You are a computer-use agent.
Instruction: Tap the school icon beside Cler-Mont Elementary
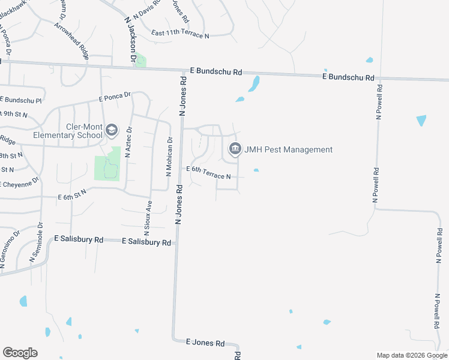111,130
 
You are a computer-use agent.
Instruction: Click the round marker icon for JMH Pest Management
235,149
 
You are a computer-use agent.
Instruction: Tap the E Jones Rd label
205,343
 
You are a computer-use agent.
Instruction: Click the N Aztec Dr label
128,142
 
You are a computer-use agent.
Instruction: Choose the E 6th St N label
72,193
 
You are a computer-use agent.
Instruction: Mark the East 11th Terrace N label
180,34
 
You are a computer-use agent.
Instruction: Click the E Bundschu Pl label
21,100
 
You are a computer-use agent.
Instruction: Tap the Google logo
20,353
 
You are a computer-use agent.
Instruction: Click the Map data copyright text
412,355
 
